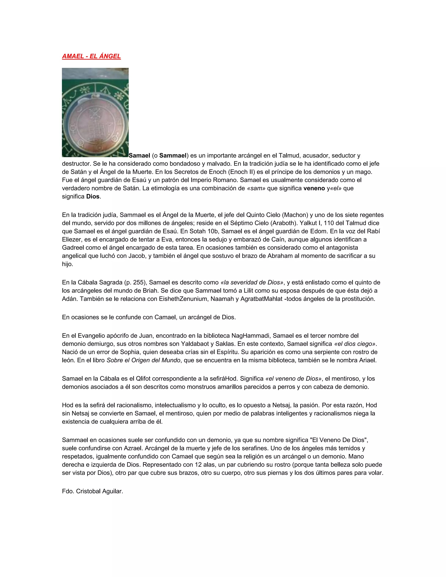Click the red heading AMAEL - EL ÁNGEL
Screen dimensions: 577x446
coord(91,56)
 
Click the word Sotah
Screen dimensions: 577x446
coord(197,231)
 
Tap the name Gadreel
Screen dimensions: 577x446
coord(73,248)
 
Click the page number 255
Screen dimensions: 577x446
coord(139,282)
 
